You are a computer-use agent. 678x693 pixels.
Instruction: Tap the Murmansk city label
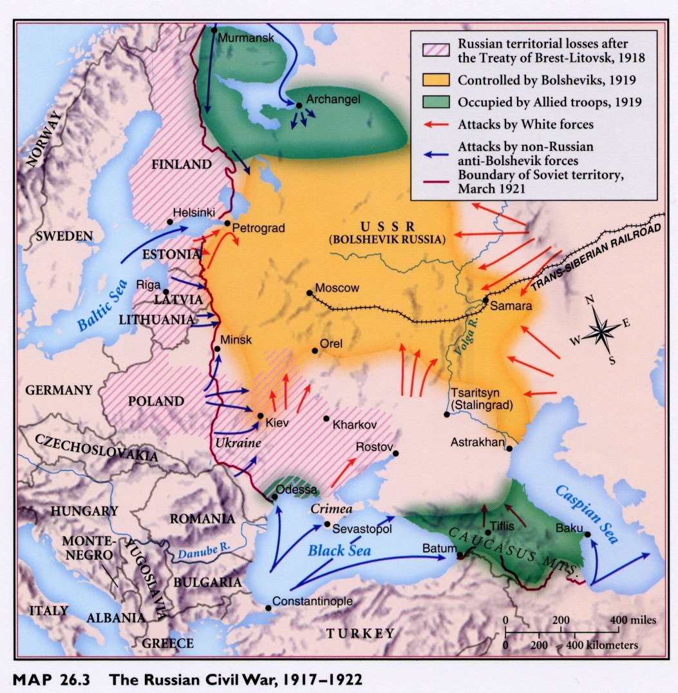(247, 37)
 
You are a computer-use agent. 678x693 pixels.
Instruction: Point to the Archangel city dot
(299, 105)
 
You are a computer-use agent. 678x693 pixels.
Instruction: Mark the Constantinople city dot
(268, 607)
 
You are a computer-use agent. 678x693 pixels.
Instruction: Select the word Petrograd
(258, 228)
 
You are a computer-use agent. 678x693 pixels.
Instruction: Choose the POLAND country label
(156, 401)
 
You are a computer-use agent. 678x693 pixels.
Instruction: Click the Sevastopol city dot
(327, 524)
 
